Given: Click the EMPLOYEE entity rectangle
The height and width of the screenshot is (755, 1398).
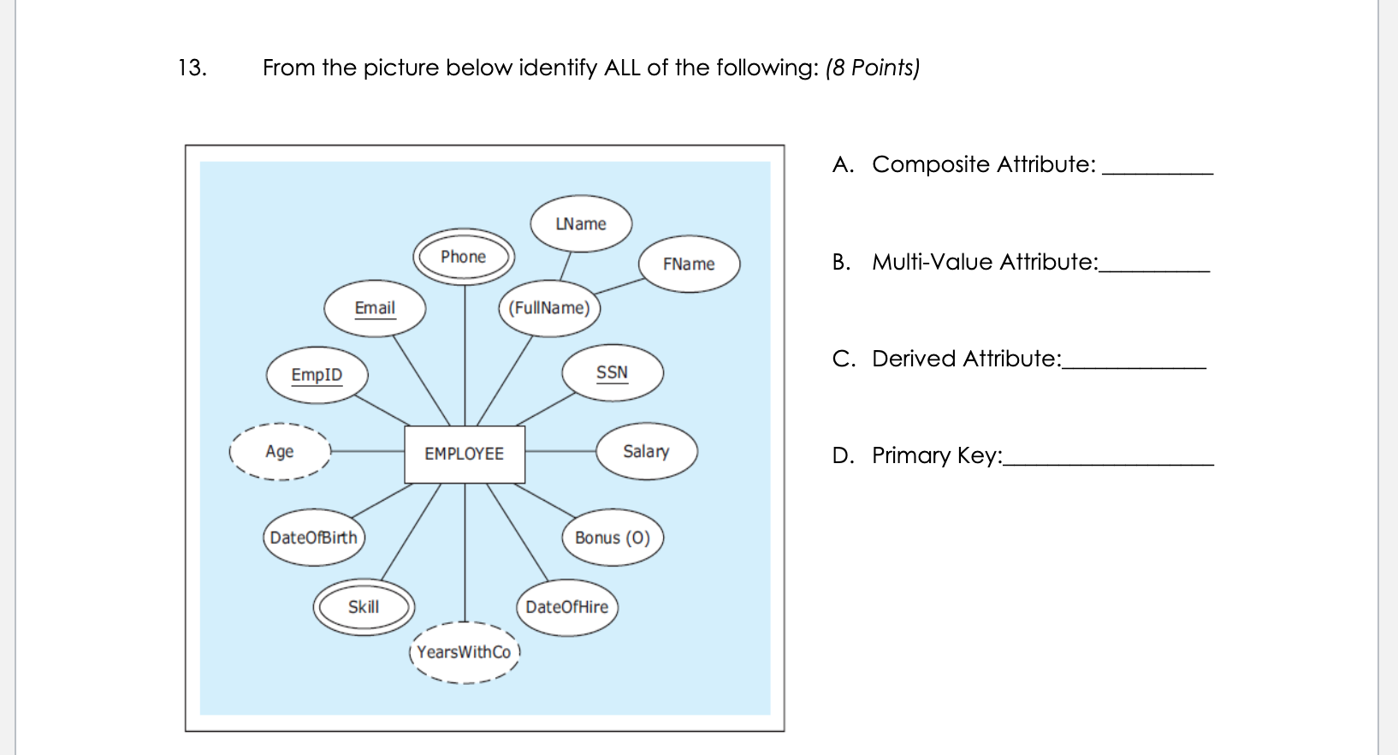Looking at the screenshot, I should tap(464, 454).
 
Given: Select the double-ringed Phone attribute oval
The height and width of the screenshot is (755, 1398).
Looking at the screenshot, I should tap(464, 257).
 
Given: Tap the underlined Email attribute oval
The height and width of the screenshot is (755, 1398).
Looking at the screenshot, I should tap(375, 308).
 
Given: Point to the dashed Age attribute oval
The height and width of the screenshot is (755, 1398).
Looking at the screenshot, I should tap(280, 451).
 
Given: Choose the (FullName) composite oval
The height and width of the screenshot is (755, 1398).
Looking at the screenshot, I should tap(549, 308).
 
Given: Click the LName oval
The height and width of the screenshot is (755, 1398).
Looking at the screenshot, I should tap(581, 224).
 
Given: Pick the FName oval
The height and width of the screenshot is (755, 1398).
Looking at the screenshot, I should tap(689, 264).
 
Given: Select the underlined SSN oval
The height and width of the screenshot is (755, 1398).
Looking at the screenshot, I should tap(612, 373).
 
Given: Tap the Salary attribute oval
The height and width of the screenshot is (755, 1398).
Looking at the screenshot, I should tap(646, 451).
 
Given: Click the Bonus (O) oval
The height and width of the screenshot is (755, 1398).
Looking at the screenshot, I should tap(613, 538).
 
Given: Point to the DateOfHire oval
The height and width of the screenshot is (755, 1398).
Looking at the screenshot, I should tap(566, 607).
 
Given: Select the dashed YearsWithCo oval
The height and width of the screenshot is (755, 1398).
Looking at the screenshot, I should tap(464, 652).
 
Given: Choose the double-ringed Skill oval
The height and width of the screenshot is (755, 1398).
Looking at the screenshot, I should tap(364, 607).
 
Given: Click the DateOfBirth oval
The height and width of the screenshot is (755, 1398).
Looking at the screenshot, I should tap(314, 538).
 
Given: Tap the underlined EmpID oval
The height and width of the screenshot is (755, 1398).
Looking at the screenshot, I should tap(317, 375).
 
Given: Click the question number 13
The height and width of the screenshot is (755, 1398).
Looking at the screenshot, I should tap(192, 68).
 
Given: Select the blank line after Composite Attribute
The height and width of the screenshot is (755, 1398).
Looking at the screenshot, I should tap(1158, 171).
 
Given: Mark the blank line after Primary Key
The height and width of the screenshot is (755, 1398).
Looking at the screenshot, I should tap(1108, 462).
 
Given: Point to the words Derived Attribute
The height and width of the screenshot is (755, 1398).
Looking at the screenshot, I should tap(965, 359).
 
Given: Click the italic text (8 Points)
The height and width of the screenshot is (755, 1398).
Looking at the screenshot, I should tap(872, 68).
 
